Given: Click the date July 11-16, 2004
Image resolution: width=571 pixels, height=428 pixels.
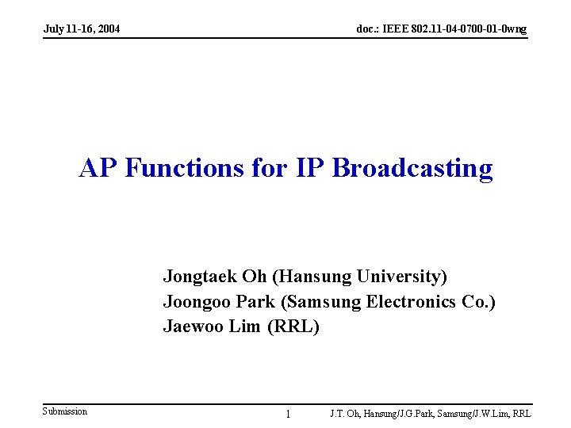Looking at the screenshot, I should click(82, 29).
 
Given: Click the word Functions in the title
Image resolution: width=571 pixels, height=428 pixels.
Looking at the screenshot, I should click(184, 169).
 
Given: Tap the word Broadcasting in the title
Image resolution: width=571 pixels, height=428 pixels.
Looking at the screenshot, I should click(412, 169).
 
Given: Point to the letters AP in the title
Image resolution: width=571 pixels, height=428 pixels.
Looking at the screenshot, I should click(99, 169).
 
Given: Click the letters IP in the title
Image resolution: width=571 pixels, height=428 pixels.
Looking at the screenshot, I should click(310, 169).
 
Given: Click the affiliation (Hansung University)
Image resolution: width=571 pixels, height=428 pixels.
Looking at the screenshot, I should click(359, 277).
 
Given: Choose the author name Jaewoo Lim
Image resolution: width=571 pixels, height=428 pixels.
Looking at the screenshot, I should click(212, 327).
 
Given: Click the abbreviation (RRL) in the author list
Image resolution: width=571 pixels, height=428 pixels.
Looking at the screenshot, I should click(293, 327).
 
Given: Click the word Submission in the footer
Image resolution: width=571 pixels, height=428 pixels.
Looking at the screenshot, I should click(65, 411).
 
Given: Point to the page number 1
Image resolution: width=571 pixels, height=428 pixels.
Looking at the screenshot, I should click(288, 414).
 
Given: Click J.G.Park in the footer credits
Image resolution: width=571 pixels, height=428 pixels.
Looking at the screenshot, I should click(411, 414).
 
